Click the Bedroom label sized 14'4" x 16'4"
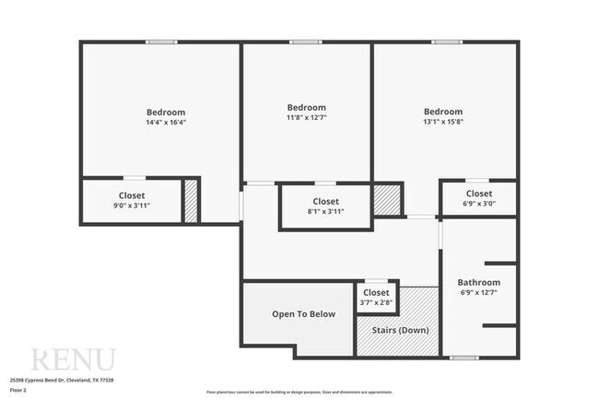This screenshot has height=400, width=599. coord(165,112)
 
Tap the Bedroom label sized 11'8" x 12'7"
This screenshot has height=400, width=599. coord(306,107)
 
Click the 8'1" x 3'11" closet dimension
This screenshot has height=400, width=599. coord(325,211)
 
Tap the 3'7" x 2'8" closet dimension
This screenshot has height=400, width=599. coord(375,301)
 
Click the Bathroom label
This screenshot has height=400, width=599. coord(478,282)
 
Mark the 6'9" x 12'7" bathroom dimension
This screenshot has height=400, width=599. coord(478,293)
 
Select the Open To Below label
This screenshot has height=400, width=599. coord(303,314)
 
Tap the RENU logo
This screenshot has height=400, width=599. coord(73,359)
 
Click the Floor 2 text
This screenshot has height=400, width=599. coord(18,390)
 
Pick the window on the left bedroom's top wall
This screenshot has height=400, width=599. coord(160,41)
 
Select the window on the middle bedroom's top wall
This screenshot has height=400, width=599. coord(305,41)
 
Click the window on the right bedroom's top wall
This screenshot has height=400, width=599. coord(447,41)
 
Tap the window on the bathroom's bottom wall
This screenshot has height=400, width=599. coord(464,356)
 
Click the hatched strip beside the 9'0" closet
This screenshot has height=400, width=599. coord(191,200)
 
